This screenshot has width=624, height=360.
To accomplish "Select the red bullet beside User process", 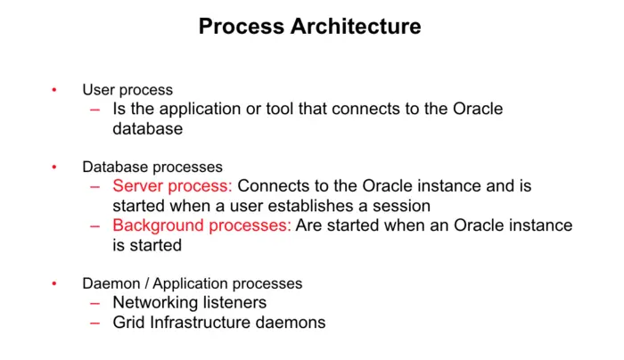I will point(53,90).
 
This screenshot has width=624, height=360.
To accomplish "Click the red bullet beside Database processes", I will point(53,167).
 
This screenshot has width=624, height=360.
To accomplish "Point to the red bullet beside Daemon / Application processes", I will point(53,283).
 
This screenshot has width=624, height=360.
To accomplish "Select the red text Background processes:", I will point(201,225).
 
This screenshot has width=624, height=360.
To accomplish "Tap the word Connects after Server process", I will point(275,186).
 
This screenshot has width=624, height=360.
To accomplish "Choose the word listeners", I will point(234,303).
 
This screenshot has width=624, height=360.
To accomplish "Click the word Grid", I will point(129,323).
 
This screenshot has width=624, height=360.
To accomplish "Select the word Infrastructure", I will point(201,323).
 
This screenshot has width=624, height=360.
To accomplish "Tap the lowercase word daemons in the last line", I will point(292,323).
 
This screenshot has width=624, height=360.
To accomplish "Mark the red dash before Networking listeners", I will point(95,303).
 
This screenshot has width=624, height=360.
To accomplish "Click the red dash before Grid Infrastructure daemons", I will point(95,323).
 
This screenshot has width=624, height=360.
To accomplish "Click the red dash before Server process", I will point(95,186).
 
